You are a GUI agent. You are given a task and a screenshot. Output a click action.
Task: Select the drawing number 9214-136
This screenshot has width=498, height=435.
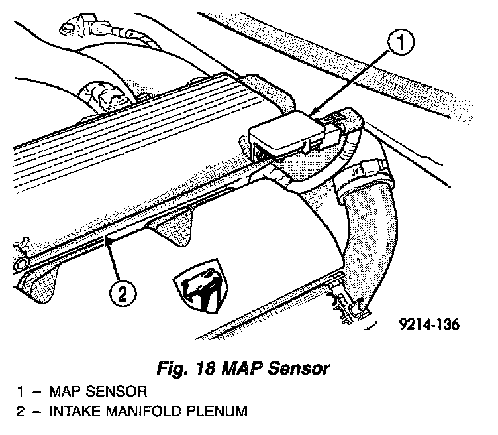click(x=429, y=326)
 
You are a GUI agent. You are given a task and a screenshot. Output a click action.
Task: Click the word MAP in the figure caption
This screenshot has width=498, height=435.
click(x=249, y=367)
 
